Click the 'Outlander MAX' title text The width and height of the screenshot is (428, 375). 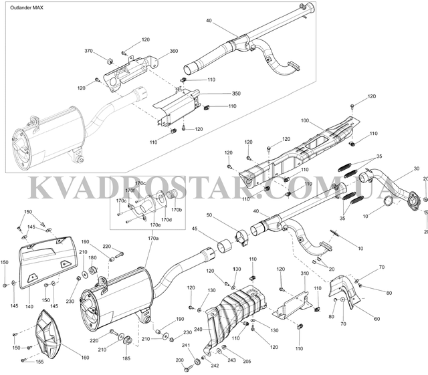coord(27,7)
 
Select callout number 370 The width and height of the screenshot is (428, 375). coord(88,51)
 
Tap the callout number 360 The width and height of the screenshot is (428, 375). coord(174,51)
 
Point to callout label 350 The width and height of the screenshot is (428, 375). coord(236,94)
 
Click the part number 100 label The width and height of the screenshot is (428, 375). coord(305,120)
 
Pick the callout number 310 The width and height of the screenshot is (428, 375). coord(305,273)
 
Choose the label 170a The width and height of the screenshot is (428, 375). coord(153,238)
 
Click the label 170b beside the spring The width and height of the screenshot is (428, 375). coord(177,210)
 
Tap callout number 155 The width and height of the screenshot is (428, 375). coord(39,362)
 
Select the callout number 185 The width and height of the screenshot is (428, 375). coord(126,358)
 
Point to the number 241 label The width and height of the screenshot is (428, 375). coord(186,346)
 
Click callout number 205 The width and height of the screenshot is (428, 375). coord(247,362)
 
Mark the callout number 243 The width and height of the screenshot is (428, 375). coord(232,360)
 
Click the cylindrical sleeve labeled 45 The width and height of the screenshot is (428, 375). coord(225,245)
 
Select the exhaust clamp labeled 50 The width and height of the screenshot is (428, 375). coord(241,238)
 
